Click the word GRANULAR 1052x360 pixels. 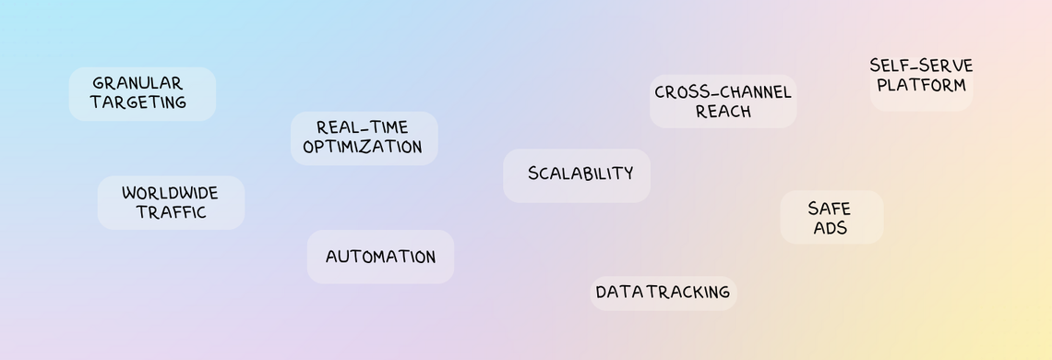coord(137,83)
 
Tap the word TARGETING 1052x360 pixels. coord(138,102)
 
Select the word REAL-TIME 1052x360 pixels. coord(362,127)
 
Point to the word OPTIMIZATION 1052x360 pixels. coord(363,147)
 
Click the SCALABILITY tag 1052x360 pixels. coord(580,174)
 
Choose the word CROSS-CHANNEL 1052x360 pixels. coord(723,92)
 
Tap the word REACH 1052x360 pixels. coord(723,112)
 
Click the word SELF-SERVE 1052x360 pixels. coord(921,66)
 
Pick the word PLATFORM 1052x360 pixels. coord(921,85)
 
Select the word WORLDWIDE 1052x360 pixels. coord(170,193)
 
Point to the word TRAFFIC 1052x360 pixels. coord(171,212)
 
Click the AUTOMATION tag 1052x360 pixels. coord(380,257)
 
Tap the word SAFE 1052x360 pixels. coord(829,209)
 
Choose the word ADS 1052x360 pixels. coord(831,228)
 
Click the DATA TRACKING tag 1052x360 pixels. coord(663,293)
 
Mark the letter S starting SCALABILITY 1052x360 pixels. coord(533,174)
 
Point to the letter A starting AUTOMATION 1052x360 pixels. coord(331,258)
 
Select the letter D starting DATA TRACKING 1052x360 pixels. coord(601,293)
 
